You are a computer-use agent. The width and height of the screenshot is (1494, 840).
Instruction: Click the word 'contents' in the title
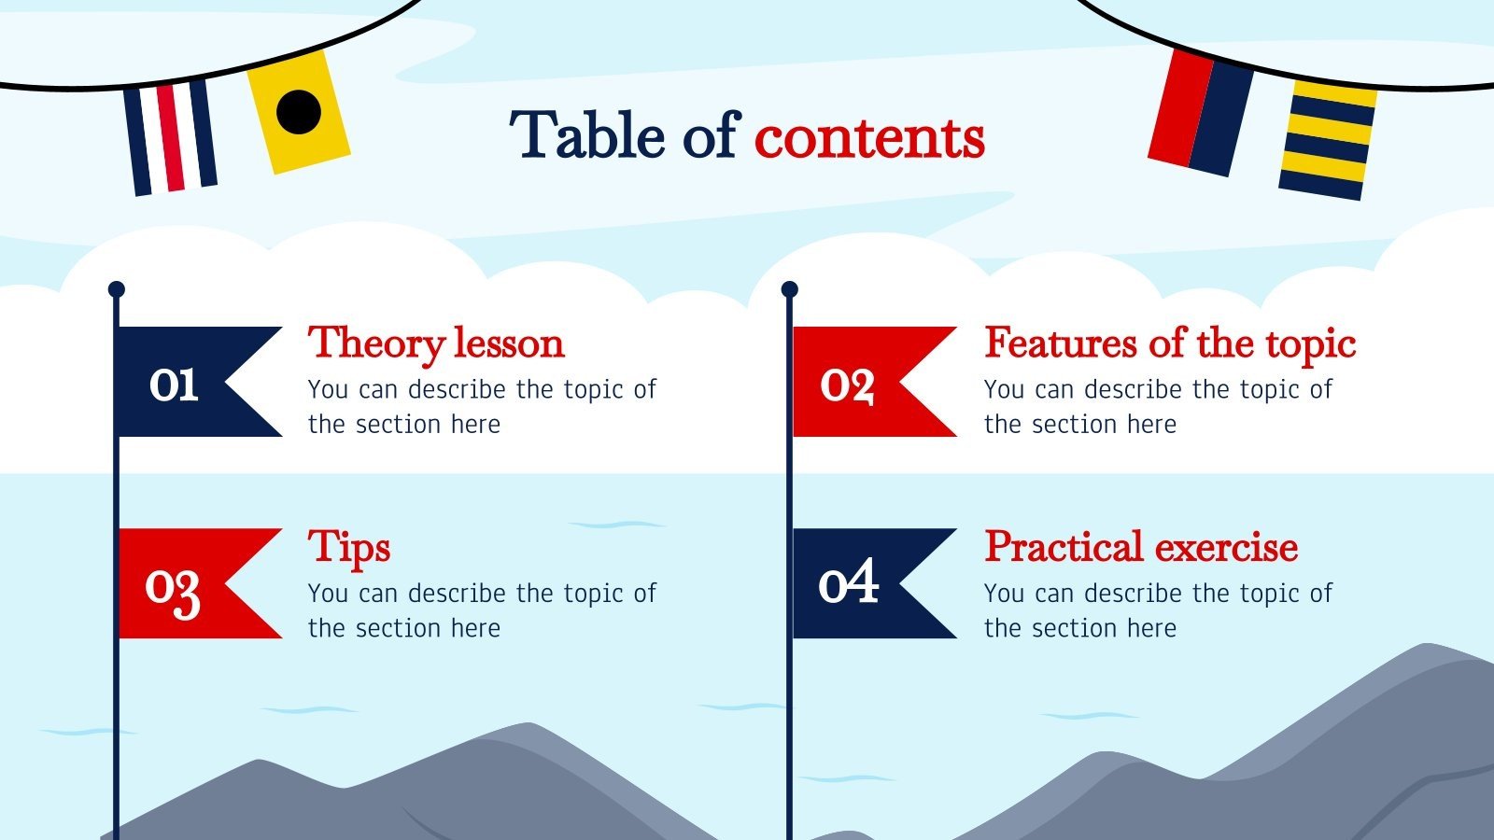(869, 138)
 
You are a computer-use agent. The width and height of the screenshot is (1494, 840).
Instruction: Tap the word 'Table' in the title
(587, 136)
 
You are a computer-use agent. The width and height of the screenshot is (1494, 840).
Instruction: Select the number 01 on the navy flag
(174, 384)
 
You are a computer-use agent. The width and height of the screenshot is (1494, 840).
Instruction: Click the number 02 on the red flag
(847, 384)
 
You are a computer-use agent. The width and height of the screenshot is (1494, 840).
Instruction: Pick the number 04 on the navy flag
(848, 582)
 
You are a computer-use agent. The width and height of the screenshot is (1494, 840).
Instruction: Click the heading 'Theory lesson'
(436, 343)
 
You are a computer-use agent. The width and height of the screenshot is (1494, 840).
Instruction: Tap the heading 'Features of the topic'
(1169, 343)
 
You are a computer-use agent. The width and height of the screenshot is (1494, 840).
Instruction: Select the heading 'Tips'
(349, 548)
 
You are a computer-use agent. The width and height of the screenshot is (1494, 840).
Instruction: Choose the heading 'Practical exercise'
(1141, 547)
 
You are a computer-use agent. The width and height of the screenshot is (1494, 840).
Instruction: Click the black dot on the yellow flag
(299, 110)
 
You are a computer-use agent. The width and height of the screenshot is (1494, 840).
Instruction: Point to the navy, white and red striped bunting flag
(171, 137)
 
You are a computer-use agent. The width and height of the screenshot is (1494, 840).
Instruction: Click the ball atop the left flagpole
(116, 289)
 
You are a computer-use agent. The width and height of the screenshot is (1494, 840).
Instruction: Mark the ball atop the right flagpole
(790, 289)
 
